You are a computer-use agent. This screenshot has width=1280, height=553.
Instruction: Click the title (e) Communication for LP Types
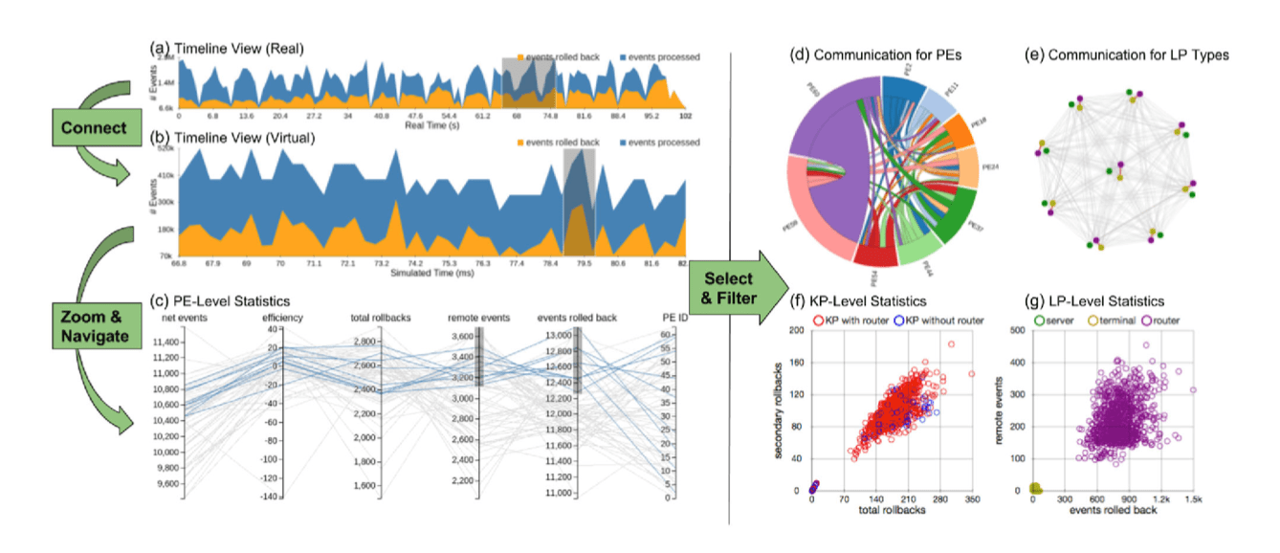1138,55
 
